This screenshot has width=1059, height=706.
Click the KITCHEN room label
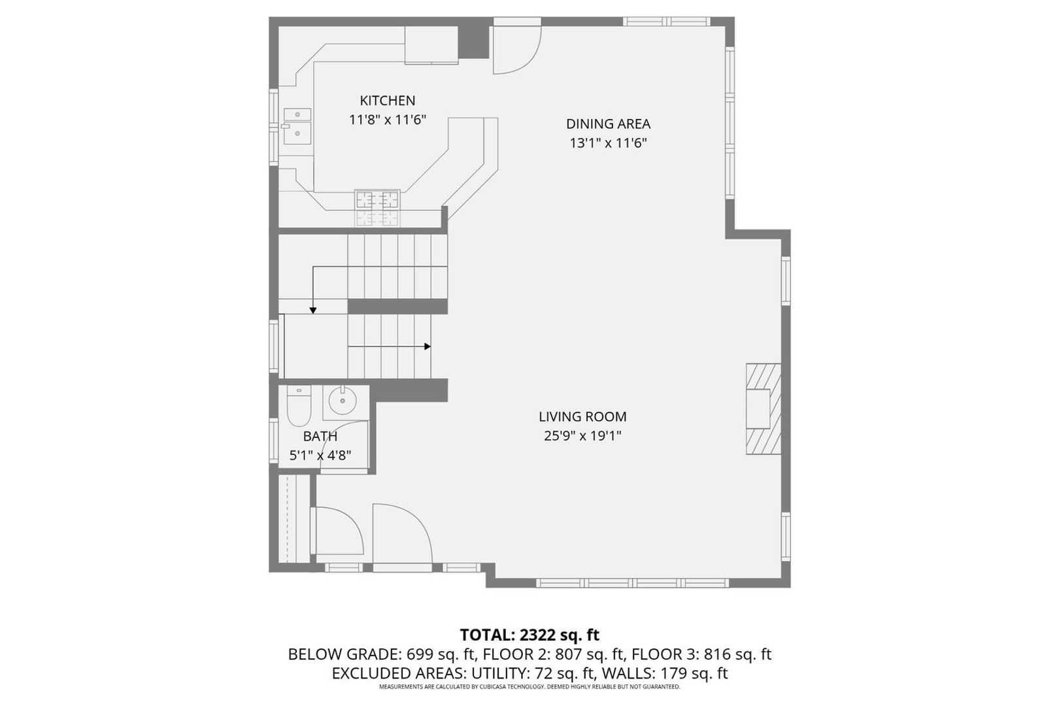387,101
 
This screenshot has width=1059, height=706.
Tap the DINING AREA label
608,124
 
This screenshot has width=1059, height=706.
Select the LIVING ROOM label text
582,416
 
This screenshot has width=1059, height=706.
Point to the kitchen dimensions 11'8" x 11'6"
388,120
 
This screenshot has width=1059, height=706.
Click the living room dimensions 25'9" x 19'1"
582,435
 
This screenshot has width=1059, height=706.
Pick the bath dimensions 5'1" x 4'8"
320,456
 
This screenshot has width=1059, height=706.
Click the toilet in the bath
299,406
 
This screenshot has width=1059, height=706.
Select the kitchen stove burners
377,199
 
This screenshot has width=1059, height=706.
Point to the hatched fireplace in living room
763,409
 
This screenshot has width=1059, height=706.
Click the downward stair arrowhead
313,311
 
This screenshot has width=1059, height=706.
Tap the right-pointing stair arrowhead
428,346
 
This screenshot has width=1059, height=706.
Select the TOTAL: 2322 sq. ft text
529,634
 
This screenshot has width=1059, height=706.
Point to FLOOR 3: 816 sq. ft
701,654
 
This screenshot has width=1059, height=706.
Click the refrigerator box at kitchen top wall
431,44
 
